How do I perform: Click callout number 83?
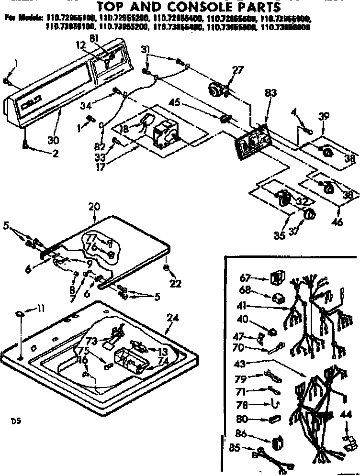270,94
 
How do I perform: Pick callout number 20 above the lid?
94,207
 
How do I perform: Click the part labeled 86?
277,443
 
